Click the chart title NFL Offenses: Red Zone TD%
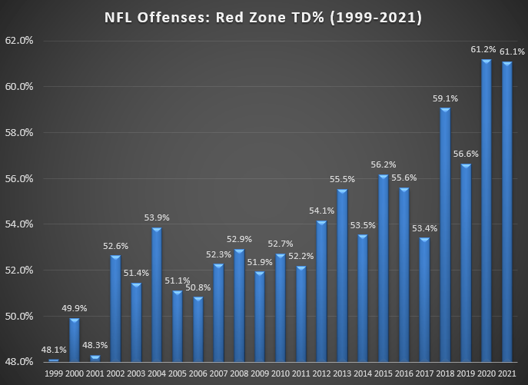click(264, 16)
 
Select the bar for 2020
click(486, 211)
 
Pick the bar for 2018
click(445, 234)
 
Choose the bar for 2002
click(115, 308)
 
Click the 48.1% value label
click(53, 350)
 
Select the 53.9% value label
click(157, 218)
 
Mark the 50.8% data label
click(198, 288)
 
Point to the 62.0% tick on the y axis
click(21, 41)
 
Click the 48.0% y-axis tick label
click(21, 361)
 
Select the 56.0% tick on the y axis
click(21, 178)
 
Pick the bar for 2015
click(384, 268)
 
